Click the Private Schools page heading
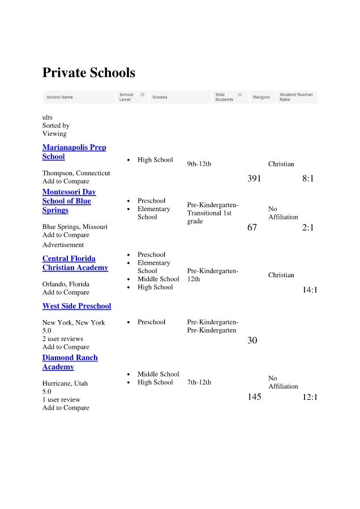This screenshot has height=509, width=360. point(89,73)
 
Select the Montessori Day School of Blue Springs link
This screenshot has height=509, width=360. point(69,201)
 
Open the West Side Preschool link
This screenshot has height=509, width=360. point(76,306)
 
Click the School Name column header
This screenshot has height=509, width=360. point(60,97)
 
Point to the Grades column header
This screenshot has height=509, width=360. point(160,97)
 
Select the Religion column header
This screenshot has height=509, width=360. point(262,97)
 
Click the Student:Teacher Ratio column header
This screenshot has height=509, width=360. point(296,97)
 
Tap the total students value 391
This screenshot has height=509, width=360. point(254,179)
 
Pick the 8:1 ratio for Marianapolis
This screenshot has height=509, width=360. point(308,179)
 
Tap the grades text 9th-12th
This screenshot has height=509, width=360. point(199,164)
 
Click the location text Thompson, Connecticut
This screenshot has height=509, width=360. point(76,173)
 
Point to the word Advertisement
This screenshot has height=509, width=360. point(63,245)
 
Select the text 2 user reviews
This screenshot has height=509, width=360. point(62,339)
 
